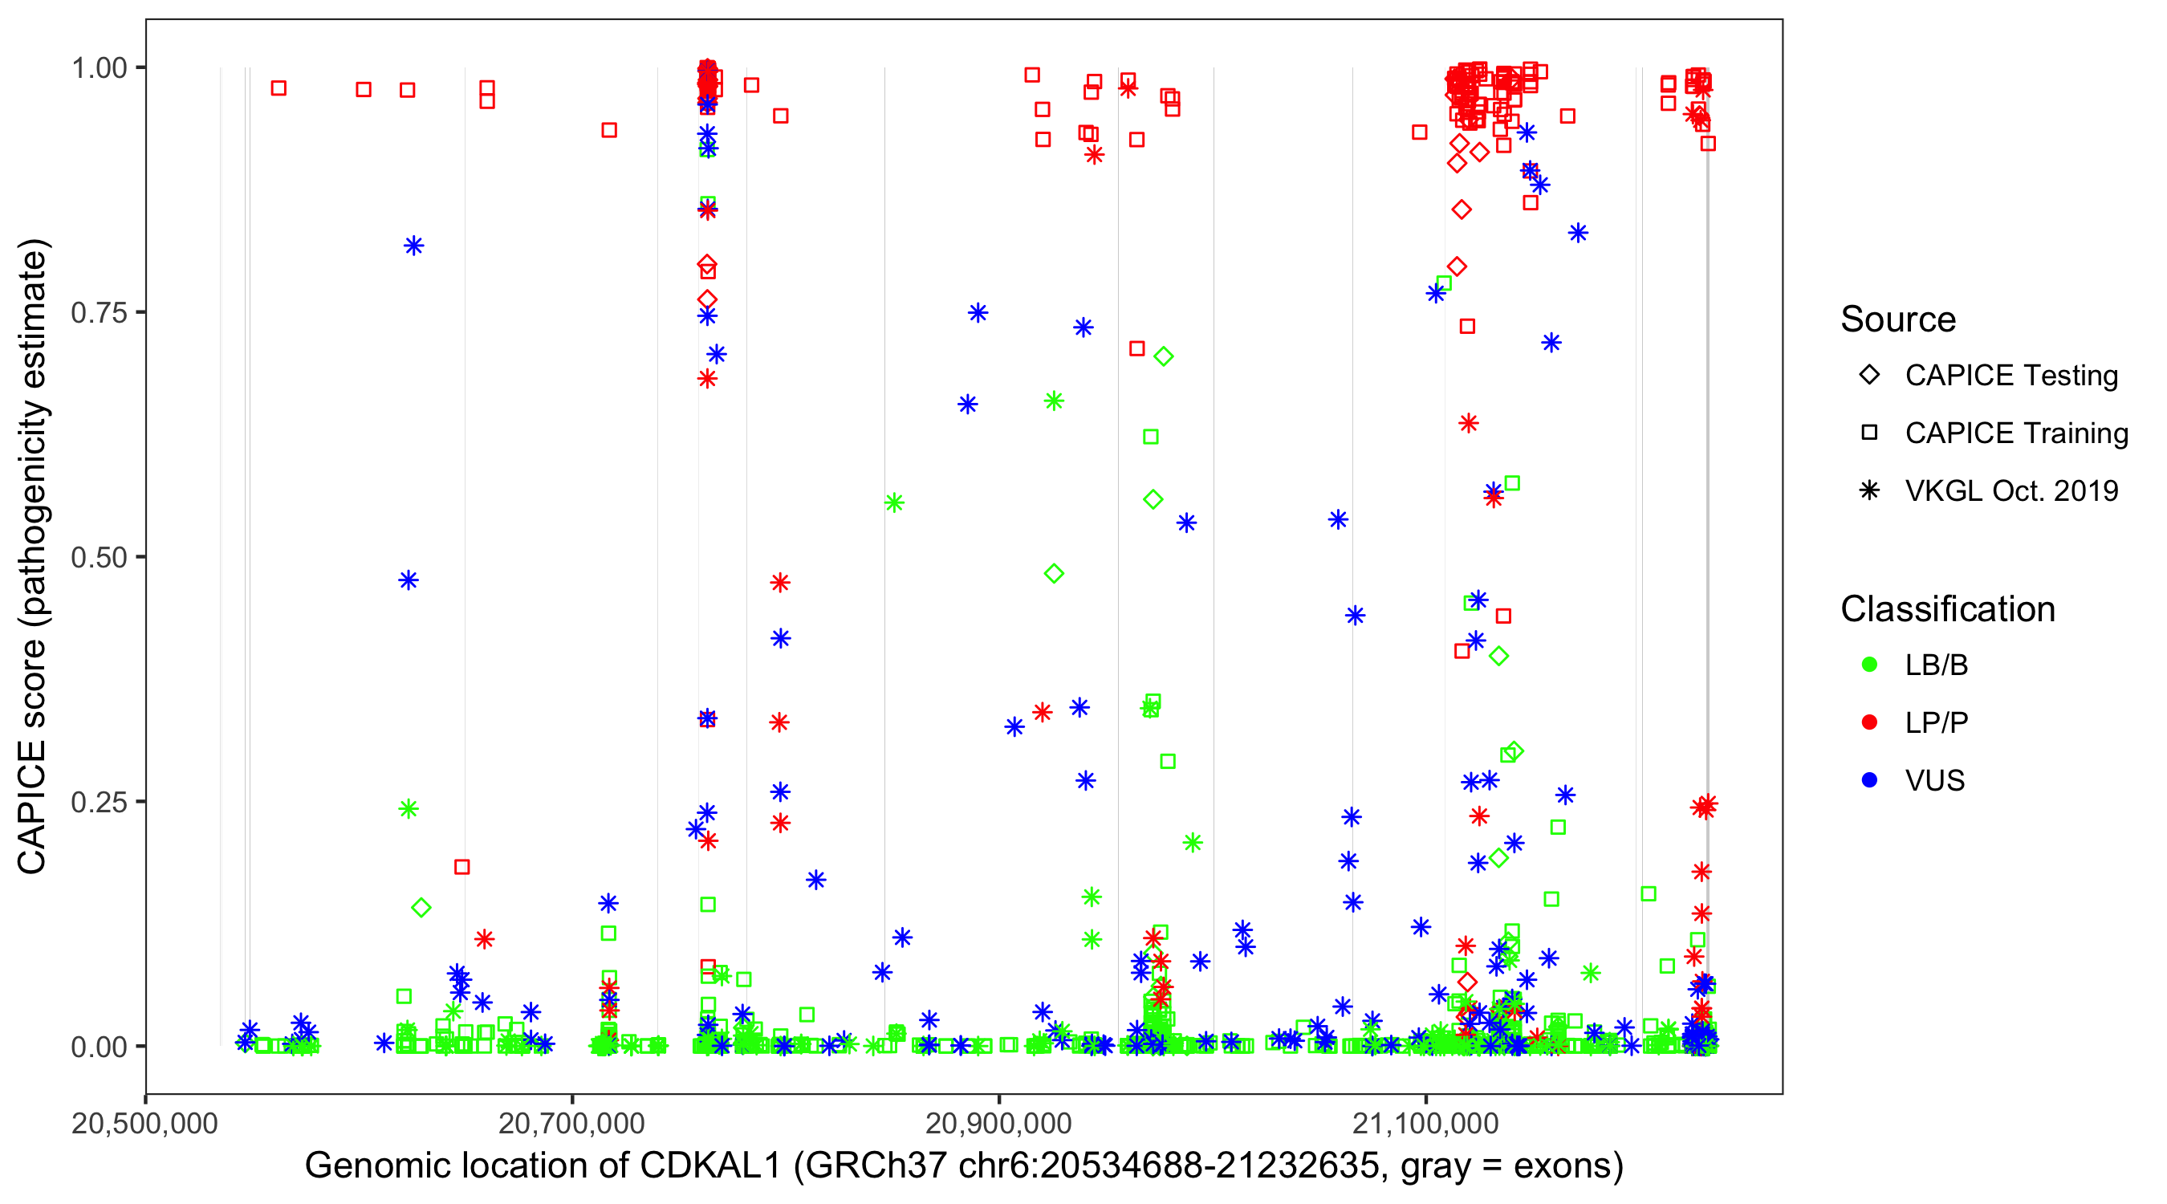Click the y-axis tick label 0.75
(98, 313)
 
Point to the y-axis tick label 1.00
(98, 68)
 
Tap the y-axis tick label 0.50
(98, 558)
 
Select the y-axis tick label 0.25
(98, 802)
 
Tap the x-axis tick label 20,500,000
(144, 1123)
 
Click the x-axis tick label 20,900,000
(998, 1123)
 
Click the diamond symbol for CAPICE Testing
(1869, 376)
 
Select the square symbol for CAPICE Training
(1869, 433)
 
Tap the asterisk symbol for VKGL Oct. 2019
(1869, 490)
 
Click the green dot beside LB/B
(1869, 665)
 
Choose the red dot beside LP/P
(1869, 722)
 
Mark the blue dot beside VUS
(1869, 781)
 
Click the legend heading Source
(1898, 319)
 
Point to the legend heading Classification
(1947, 609)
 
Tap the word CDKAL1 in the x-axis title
(710, 1166)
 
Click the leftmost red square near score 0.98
(278, 88)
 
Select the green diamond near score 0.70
(1164, 356)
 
